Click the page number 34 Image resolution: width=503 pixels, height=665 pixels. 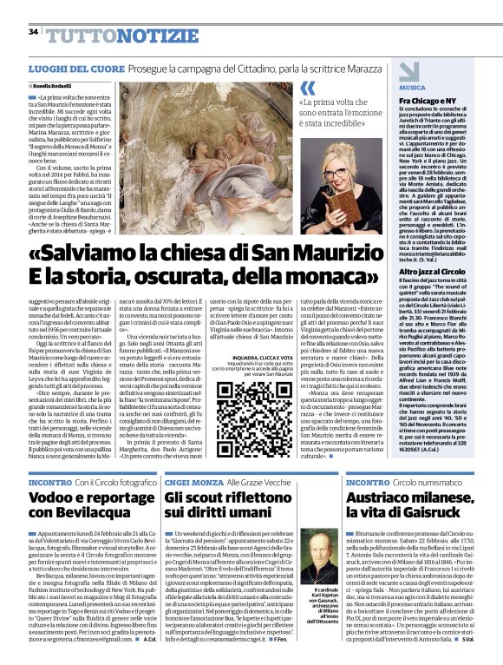pyautogui.click(x=33, y=32)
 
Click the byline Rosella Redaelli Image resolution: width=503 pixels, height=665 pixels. pyautogui.click(x=56, y=87)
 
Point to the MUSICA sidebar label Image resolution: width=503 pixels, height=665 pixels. pyautogui.click(x=412, y=89)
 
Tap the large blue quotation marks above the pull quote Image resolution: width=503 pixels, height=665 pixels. pyautogui.click(x=307, y=89)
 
